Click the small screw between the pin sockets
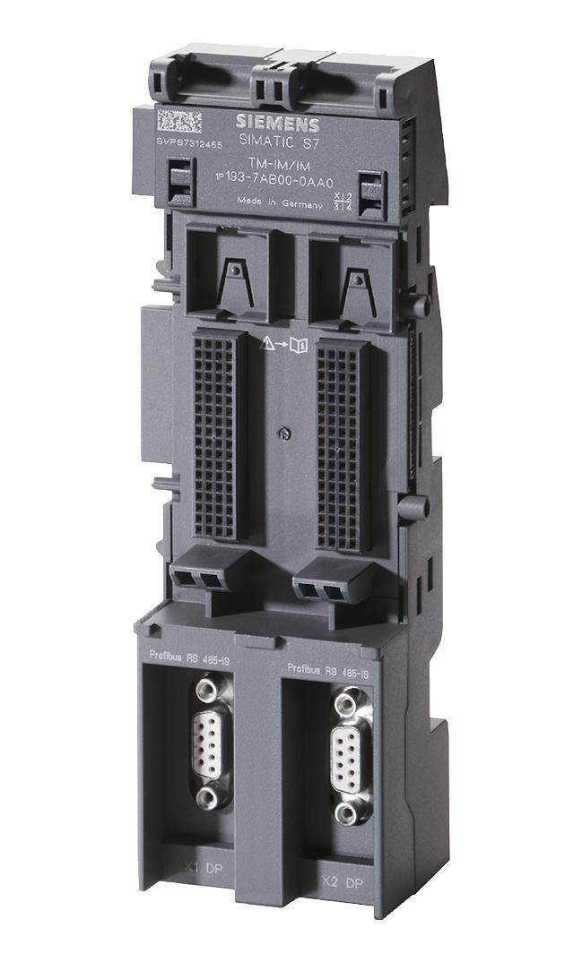coord(283,435)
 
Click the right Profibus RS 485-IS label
coord(328,670)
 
